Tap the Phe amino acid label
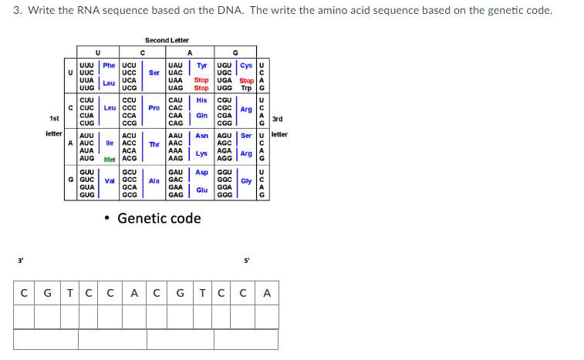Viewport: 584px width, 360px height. (109, 66)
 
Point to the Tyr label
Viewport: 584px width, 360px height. (202, 66)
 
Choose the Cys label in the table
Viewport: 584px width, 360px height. (247, 66)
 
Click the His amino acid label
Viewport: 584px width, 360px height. (201, 100)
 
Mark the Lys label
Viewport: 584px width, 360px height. (201, 153)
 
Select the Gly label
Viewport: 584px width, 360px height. (246, 182)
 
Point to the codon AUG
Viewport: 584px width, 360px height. (87, 158)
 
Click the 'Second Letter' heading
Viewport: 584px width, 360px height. (167, 40)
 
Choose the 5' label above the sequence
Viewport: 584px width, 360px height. (247, 260)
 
